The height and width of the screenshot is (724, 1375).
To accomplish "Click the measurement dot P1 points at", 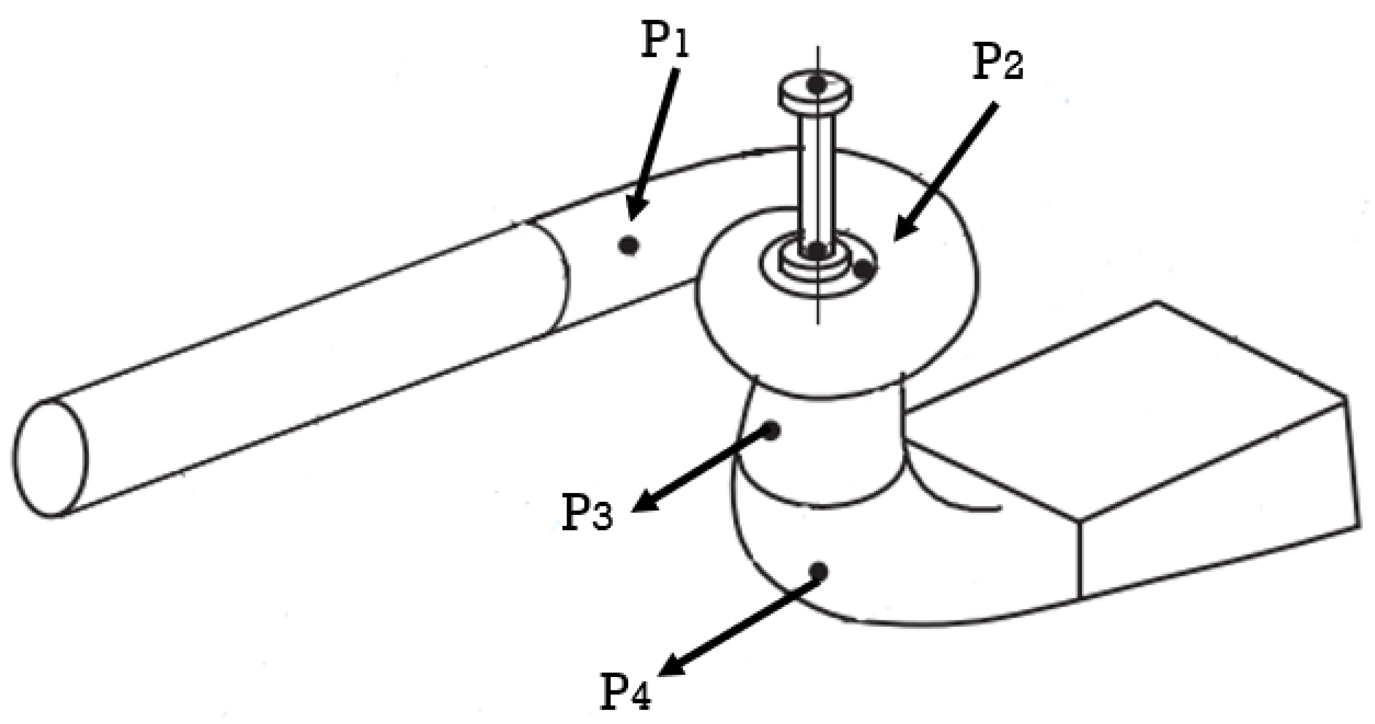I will (x=629, y=245).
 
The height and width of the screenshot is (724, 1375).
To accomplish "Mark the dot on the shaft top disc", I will (x=816, y=84).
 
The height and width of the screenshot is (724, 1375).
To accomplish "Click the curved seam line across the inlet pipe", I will (x=560, y=277).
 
